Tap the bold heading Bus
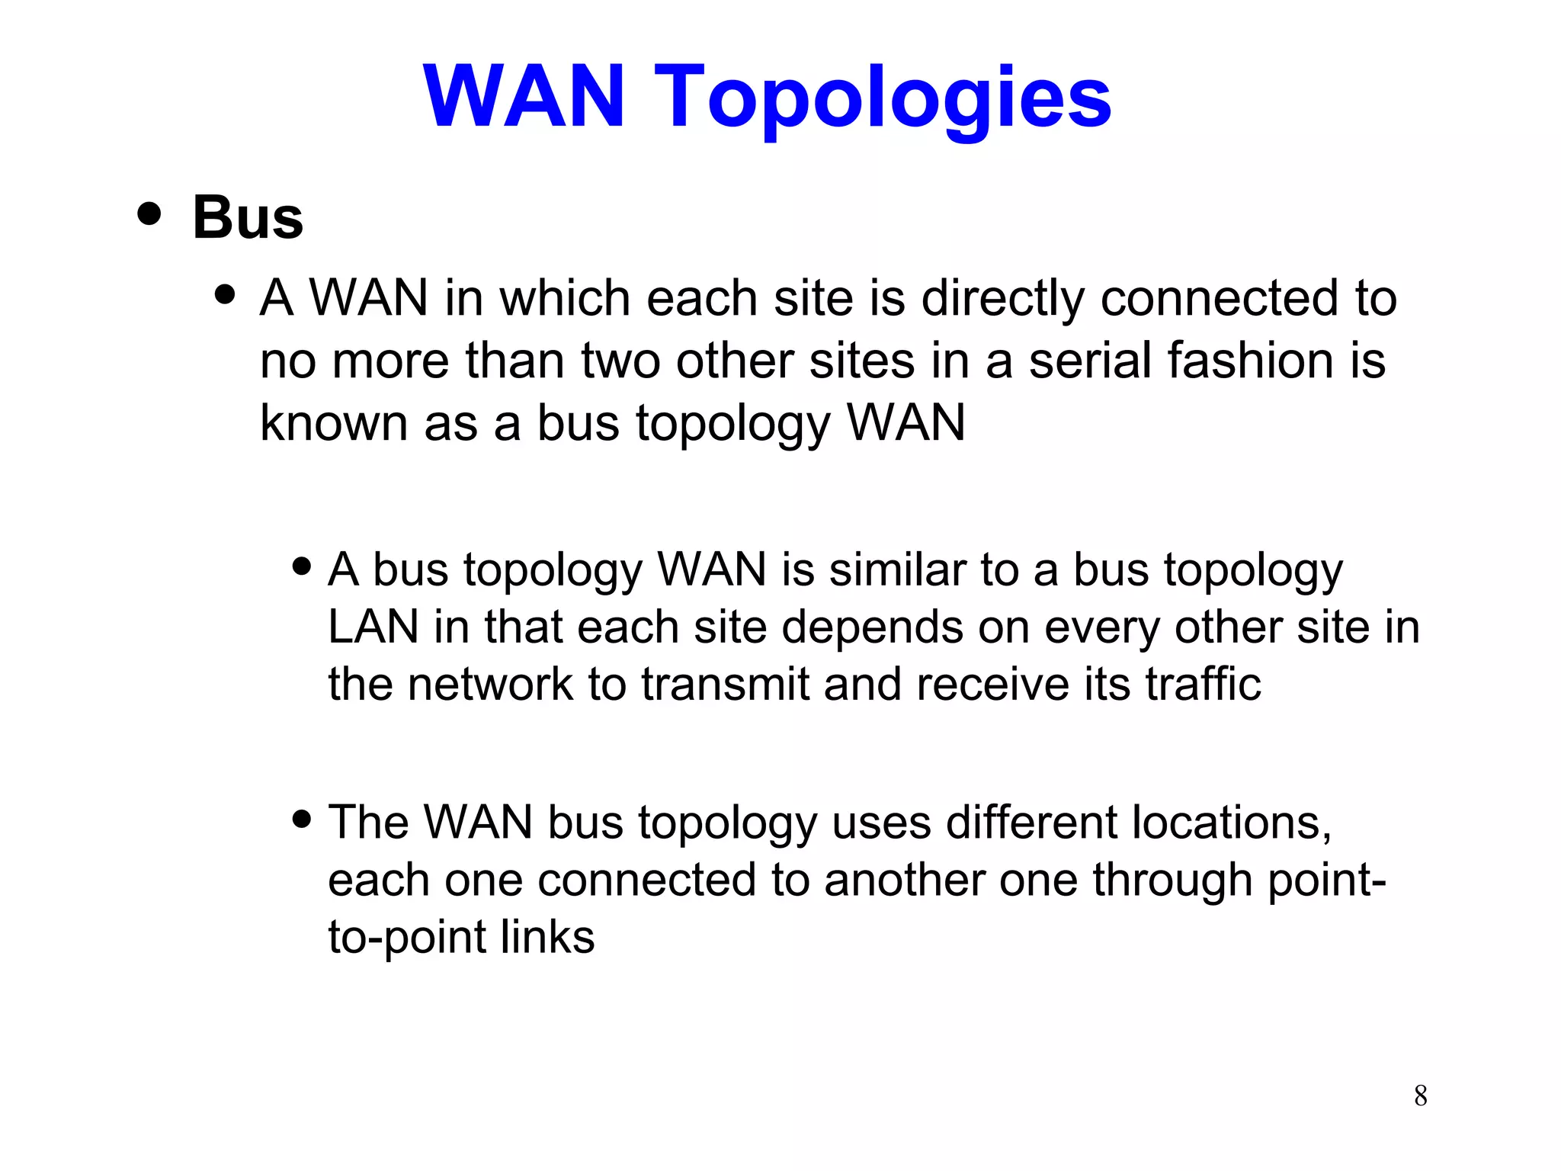pyautogui.click(x=248, y=218)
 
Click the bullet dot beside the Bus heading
pyautogui.click(x=149, y=213)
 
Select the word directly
pyautogui.click(x=1002, y=298)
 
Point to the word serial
pyautogui.click(x=1090, y=361)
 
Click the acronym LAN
pyautogui.click(x=373, y=627)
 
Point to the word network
pyautogui.click(x=489, y=684)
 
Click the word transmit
pyautogui.click(x=724, y=684)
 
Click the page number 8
pyautogui.click(x=1420, y=1096)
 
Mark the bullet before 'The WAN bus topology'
pyautogui.click(x=302, y=819)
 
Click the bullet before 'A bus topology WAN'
pyautogui.click(x=302, y=566)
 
